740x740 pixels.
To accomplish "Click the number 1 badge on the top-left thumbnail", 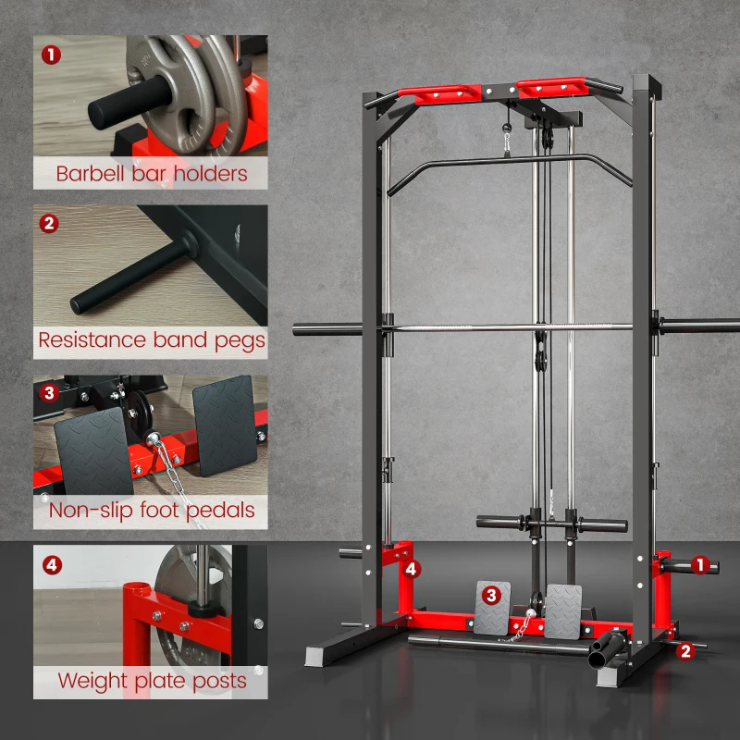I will pyautogui.click(x=51, y=54).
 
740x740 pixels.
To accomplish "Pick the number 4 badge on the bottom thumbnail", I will pyautogui.click(x=51, y=563).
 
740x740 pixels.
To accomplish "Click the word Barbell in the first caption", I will pyautogui.click(x=92, y=173).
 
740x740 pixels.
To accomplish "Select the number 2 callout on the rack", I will pyautogui.click(x=685, y=650).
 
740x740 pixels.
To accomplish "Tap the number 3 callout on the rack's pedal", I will pyautogui.click(x=492, y=595).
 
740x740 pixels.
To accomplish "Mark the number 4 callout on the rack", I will pyautogui.click(x=412, y=568).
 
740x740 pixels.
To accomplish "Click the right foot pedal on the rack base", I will pyautogui.click(x=562, y=610).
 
